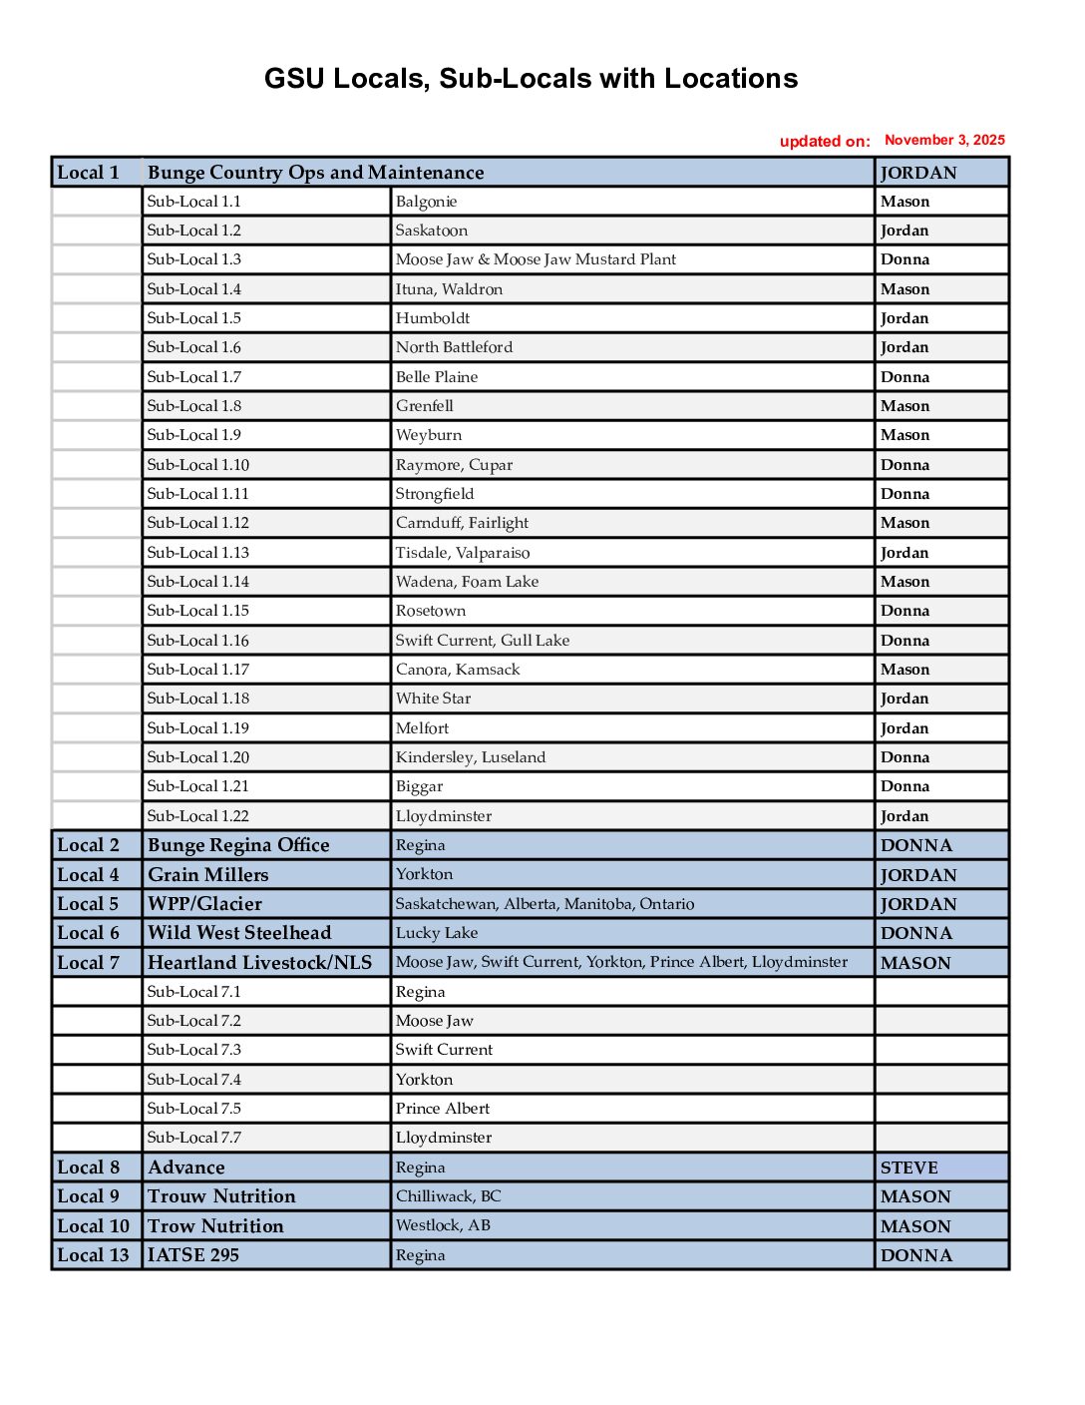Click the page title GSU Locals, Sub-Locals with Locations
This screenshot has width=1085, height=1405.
(531, 79)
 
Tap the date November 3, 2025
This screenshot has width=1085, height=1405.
(944, 141)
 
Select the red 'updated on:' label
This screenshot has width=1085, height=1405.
(825, 142)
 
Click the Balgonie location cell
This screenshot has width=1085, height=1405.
(427, 202)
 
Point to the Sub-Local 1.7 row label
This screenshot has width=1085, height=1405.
(194, 377)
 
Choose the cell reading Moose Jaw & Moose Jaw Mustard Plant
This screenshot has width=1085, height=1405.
(536, 259)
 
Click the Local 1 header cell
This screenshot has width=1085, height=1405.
(89, 173)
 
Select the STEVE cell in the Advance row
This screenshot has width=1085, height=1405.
(909, 1168)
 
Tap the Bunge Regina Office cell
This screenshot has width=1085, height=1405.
(238, 845)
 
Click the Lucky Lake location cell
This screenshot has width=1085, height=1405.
(437, 933)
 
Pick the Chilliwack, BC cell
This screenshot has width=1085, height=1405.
(449, 1196)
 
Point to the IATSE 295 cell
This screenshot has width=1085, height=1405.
(193, 1255)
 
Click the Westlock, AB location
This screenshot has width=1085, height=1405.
(443, 1225)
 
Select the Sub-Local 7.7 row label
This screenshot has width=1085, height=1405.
(194, 1138)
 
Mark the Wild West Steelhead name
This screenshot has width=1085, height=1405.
(239, 933)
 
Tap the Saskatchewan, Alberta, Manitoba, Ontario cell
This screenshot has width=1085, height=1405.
(544, 904)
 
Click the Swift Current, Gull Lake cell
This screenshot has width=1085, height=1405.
(483, 641)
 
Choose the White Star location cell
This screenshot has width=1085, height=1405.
(433, 699)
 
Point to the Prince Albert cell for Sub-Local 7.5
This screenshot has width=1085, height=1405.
(443, 1109)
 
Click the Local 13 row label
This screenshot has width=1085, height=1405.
(94, 1255)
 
